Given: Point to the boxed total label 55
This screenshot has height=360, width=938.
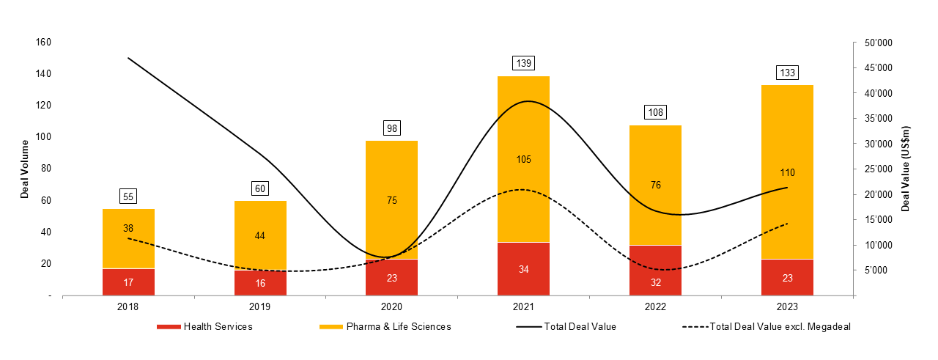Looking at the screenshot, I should pos(128,196).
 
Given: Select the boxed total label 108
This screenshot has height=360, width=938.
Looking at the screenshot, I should pos(655,113).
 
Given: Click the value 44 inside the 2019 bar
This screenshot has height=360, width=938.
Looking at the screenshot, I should pos(260,235).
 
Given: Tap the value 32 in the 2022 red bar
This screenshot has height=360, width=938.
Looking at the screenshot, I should pos(655,279).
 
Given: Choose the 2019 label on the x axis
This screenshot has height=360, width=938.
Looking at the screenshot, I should pos(260,308).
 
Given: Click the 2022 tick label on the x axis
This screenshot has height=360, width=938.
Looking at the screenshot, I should pos(655,308).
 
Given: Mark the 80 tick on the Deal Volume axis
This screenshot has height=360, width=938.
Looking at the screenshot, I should pos(45,169).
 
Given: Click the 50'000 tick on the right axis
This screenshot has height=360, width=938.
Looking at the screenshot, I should pos(877,43).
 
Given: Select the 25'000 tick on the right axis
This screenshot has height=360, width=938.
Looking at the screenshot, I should pos(877,169).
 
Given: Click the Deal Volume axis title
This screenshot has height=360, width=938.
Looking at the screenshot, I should pos(24,169).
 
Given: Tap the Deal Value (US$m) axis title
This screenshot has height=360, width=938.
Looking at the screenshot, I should pos(906,169).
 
